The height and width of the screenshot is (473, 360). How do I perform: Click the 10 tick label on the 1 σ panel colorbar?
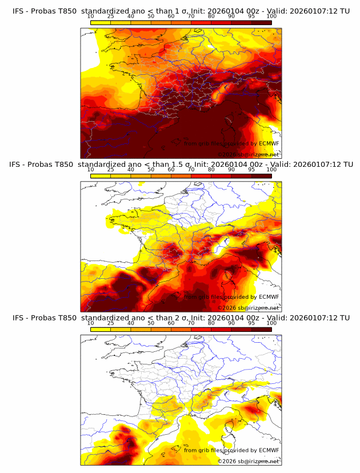click(x=91, y=17)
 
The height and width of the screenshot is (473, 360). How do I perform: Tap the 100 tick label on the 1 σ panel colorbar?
click(x=271, y=17)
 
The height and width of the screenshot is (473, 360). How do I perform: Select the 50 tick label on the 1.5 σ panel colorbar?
click(x=151, y=170)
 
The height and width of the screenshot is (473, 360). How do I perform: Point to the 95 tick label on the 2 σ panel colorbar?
click(x=251, y=323)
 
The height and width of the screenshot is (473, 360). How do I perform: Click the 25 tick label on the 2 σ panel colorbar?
click(x=111, y=323)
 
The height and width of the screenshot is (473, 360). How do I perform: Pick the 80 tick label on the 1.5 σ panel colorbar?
click(x=211, y=170)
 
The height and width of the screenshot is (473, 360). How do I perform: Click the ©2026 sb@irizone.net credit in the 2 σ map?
click(x=248, y=461)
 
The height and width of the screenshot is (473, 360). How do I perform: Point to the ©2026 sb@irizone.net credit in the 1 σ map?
click(x=248, y=154)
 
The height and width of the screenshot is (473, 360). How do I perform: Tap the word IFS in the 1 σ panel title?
click(x=18, y=11)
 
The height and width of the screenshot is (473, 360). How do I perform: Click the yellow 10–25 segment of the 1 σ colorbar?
click(x=101, y=22)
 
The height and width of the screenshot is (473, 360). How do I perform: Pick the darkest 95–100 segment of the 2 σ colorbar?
click(x=261, y=329)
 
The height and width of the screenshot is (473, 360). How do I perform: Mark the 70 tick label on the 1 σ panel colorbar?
click(x=191, y=17)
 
